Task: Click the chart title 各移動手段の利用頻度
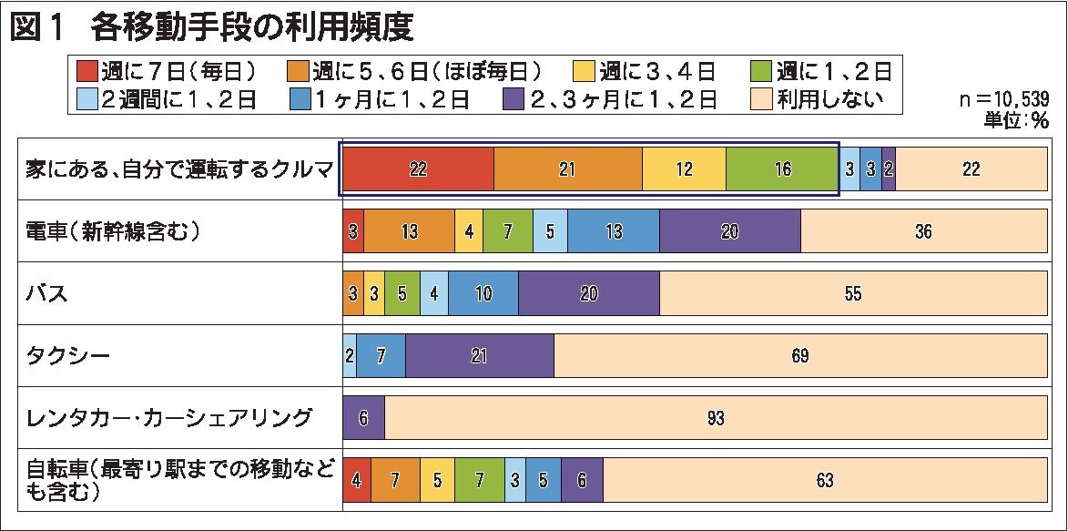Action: coord(252,28)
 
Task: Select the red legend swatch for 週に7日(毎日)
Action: coord(86,70)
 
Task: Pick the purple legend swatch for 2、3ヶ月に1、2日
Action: coord(514,98)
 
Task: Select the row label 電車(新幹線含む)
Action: coord(112,231)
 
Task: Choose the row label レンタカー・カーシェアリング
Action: coord(170,418)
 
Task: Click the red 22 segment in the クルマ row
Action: coord(418,169)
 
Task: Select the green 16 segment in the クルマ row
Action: coord(781,169)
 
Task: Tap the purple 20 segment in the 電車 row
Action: coord(729,231)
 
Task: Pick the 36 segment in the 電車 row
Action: coord(923,231)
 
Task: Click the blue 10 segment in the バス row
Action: coord(483,294)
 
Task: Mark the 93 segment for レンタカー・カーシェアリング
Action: coord(716,418)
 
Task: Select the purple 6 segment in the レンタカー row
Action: coord(363,418)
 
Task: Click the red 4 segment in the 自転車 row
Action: coord(356,480)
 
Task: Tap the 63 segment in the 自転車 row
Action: coord(825,480)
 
